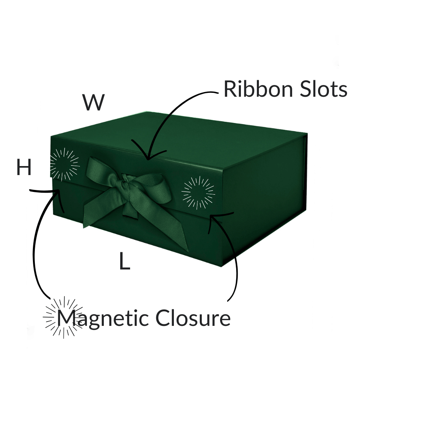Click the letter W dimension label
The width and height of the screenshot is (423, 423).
pyautogui.click(x=93, y=102)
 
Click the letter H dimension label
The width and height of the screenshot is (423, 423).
pyautogui.click(x=24, y=168)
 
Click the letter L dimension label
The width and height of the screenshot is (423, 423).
pyautogui.click(x=125, y=261)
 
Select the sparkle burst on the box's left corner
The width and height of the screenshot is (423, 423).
pyautogui.click(x=65, y=164)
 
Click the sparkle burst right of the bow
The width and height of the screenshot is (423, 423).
pyautogui.click(x=198, y=192)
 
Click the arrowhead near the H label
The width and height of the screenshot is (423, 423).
pyautogui.click(x=59, y=192)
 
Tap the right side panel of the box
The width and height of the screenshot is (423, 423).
pyautogui.click(x=266, y=196)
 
